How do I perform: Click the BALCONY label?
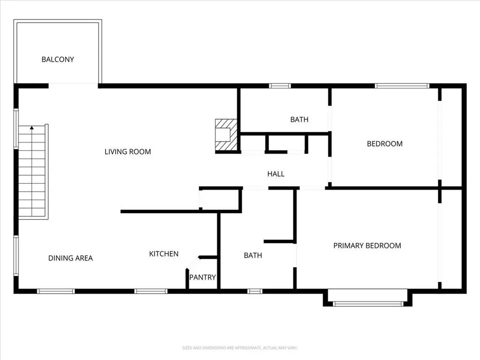[x=58, y=60]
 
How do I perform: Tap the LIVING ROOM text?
[x=127, y=151]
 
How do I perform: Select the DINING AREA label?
[x=70, y=258]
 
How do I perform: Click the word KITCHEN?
[x=164, y=254]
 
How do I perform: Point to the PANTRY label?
[x=202, y=277]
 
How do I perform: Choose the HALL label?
[x=276, y=174]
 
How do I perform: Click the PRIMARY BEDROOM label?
[x=367, y=246]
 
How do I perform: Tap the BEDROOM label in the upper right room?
[x=384, y=144]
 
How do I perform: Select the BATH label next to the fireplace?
[x=299, y=120]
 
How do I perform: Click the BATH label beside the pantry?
[x=253, y=255]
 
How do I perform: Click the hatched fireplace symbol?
[x=226, y=135]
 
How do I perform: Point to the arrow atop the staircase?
[x=32, y=127]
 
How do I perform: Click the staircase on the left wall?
[x=32, y=173]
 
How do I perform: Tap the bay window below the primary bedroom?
[x=367, y=303]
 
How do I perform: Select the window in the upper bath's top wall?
[x=280, y=86]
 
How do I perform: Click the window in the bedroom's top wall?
[x=402, y=86]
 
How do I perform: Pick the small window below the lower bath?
[x=255, y=291]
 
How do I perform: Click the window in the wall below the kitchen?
[x=150, y=291]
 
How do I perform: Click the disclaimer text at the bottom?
[x=240, y=348]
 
